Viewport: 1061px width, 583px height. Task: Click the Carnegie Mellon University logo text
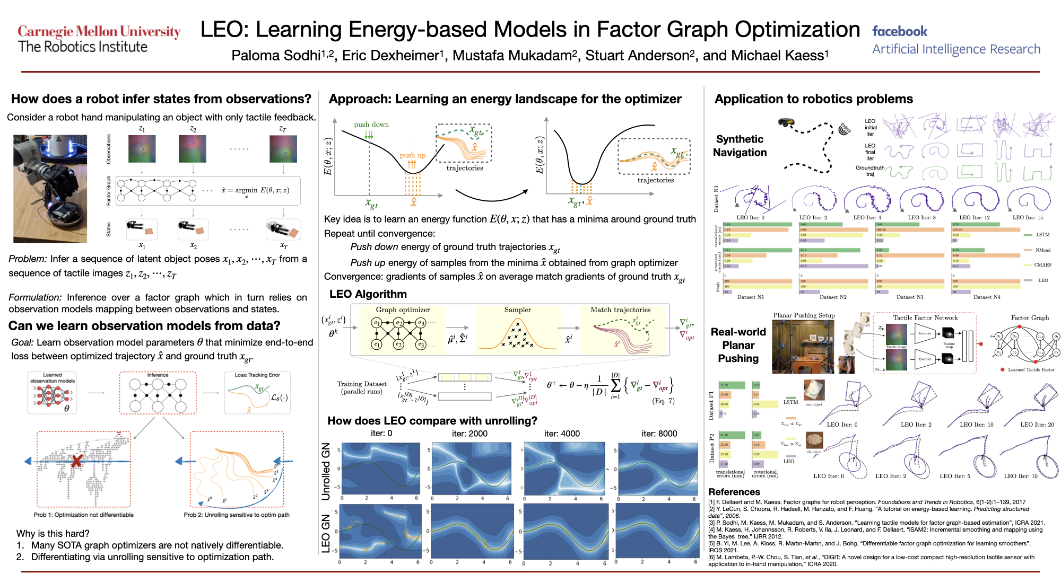tap(99, 32)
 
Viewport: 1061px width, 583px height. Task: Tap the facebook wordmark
tap(900, 31)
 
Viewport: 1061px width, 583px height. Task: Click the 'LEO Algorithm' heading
tap(368, 294)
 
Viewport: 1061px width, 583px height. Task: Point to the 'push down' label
tap(371, 125)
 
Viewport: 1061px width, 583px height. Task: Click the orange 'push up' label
tap(413, 155)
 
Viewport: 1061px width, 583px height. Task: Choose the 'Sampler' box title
tap(517, 310)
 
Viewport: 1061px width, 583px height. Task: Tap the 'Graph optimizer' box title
tap(403, 310)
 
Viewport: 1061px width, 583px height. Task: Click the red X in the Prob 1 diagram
tap(76, 461)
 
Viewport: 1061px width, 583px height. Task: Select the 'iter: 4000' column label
tap(562, 434)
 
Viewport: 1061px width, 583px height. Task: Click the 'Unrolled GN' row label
tap(326, 471)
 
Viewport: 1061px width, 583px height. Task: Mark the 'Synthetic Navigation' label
tap(740, 146)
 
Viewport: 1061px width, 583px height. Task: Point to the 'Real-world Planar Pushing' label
tap(738, 345)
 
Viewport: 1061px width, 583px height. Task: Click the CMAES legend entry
tap(1042, 265)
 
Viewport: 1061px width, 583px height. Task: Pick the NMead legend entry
tap(1042, 250)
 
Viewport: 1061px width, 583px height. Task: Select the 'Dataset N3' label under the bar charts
tap(910, 297)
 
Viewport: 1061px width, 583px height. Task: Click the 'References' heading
tap(734, 492)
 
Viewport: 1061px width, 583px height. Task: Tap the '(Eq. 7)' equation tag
tap(663, 401)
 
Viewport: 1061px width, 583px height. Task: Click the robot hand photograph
tap(50, 189)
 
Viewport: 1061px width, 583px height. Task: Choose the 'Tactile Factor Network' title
tap(925, 318)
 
